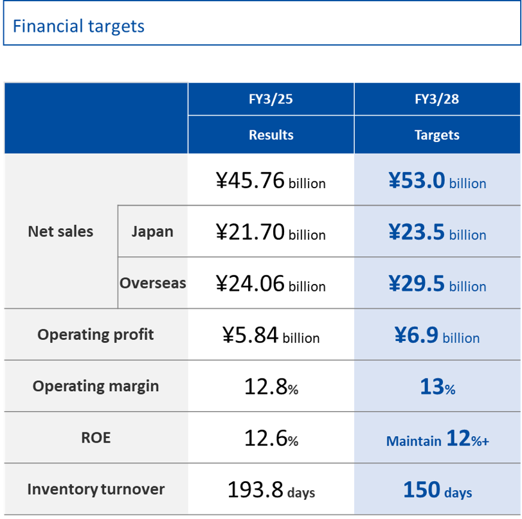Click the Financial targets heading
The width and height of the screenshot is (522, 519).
(x=78, y=26)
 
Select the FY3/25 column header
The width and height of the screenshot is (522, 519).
(x=271, y=100)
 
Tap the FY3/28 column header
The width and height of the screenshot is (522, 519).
(x=437, y=100)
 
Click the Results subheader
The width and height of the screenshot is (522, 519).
(x=271, y=135)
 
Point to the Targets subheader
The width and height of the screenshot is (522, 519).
(x=437, y=135)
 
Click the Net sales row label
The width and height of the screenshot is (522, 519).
(x=60, y=232)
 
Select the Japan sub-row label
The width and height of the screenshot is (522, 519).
(x=152, y=232)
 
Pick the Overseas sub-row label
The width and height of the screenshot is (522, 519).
(x=152, y=283)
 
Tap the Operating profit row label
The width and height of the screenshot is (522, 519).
(x=95, y=335)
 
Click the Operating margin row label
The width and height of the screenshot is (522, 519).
(x=95, y=386)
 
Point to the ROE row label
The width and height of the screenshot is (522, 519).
(x=95, y=437)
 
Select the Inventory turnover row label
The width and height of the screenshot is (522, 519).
(x=95, y=489)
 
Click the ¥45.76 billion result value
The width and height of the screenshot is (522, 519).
(x=271, y=181)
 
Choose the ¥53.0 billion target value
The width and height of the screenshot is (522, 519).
(x=437, y=181)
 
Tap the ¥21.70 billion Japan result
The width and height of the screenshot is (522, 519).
(x=271, y=233)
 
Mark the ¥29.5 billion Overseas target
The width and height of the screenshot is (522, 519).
(x=437, y=284)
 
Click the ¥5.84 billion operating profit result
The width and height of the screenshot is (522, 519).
(x=271, y=335)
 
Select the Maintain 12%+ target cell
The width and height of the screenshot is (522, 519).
(x=437, y=439)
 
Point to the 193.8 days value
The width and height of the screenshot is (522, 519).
(x=271, y=490)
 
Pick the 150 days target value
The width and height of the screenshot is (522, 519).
(x=437, y=490)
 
